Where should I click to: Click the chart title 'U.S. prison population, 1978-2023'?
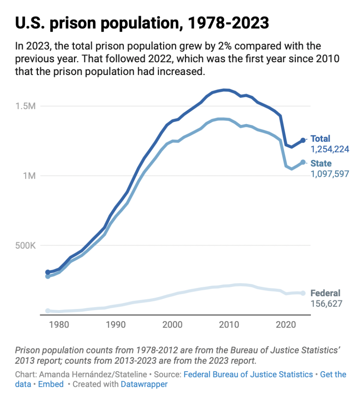tap(142, 23)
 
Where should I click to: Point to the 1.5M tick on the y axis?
tap(25, 106)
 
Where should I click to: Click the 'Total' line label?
tap(321, 139)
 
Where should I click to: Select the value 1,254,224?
tap(330, 149)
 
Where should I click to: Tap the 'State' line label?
tap(321, 164)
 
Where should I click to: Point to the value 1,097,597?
tap(330, 174)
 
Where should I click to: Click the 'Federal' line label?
tap(326, 293)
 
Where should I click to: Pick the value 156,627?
tap(327, 304)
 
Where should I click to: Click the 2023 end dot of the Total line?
tap(303, 140)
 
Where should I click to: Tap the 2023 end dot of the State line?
tap(303, 162)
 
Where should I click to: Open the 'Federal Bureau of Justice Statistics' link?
tap(248, 374)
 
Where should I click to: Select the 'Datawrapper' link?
tap(144, 384)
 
